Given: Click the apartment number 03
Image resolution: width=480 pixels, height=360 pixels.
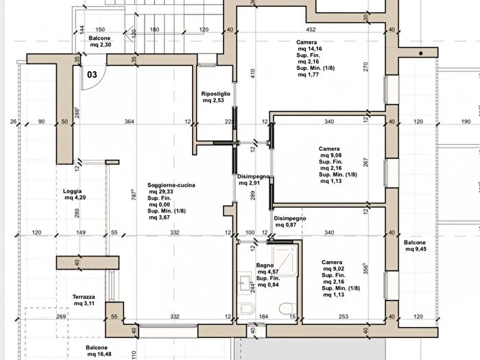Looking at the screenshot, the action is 92,74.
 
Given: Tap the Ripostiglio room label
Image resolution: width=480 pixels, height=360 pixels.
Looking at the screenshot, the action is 215,94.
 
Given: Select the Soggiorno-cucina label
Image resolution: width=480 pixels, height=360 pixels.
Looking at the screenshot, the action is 171,185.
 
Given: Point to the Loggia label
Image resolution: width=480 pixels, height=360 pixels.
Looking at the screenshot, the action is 72,191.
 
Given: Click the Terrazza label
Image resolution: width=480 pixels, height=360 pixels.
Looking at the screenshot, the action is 84,297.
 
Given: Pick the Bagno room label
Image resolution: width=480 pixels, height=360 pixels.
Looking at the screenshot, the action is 265,265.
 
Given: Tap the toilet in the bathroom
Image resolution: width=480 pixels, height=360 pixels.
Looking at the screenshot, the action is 287,308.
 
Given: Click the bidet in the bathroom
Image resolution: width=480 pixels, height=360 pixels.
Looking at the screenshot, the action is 246,309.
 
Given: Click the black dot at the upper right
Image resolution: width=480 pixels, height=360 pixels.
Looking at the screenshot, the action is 421,53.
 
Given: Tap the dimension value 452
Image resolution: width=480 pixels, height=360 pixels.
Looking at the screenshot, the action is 311,29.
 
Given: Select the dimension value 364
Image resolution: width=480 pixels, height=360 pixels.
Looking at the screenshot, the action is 129,121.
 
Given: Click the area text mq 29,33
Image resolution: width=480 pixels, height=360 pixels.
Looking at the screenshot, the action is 161,191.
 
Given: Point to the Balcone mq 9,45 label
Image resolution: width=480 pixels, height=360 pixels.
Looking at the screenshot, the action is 415,245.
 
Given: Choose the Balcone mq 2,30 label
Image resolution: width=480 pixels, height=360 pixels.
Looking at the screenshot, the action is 100,41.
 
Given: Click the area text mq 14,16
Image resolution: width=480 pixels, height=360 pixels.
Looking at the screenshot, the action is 310,49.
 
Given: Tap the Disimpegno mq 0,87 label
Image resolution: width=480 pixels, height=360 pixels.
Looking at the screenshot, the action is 290,221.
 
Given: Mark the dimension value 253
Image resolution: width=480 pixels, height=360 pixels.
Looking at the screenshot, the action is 344,317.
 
